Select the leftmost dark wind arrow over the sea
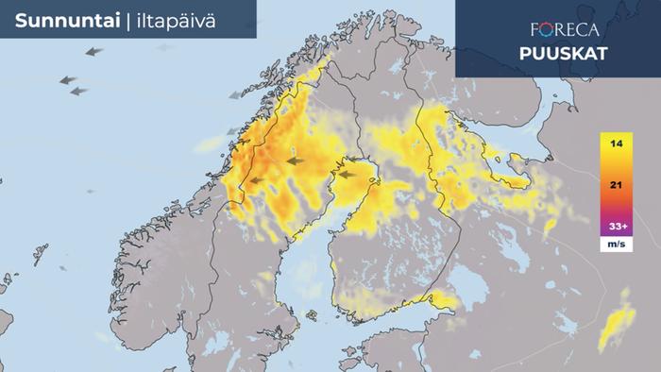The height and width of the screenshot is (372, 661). [67, 81]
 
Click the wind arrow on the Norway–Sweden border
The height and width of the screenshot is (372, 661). [253, 178]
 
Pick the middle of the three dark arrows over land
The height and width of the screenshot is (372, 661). [296, 161]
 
